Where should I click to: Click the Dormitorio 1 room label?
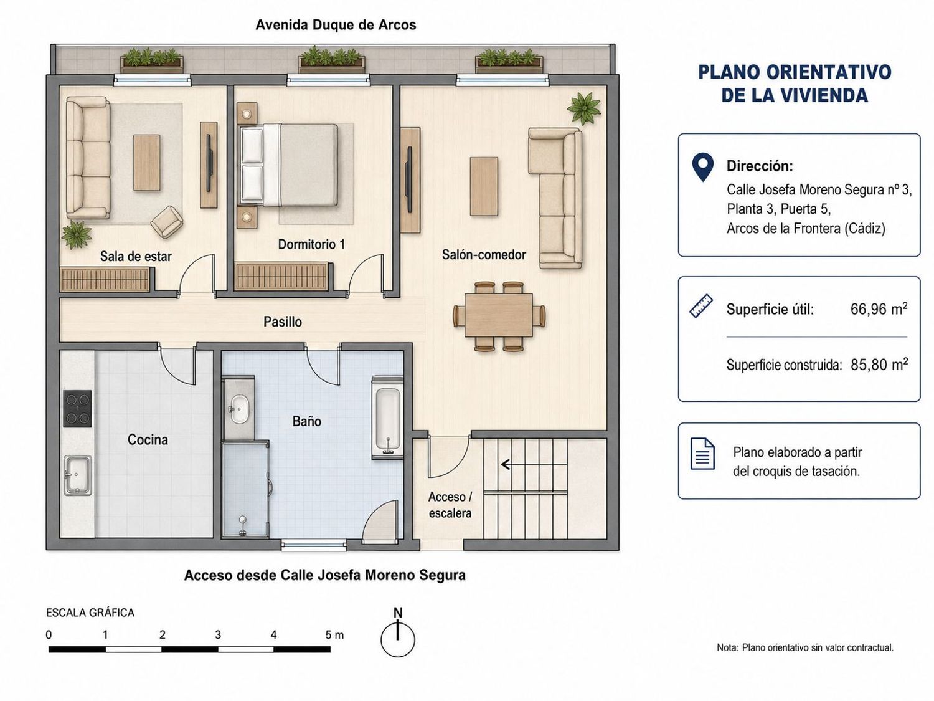[311, 244]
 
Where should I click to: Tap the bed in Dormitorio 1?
[289, 165]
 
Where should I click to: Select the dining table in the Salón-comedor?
[498, 315]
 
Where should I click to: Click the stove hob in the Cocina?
[77, 409]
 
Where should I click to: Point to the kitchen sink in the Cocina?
[77, 475]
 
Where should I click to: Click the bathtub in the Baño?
[387, 417]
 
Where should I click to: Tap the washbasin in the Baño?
[238, 409]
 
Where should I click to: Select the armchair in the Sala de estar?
[167, 222]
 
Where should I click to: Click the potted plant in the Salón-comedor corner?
[584, 108]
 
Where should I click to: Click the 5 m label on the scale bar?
[334, 635]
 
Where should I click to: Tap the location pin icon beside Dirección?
[702, 167]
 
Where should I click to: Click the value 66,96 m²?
[879, 308]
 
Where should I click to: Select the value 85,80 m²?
[879, 365]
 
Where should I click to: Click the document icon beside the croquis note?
[702, 454]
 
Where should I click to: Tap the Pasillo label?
[283, 322]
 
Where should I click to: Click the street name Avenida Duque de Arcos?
[336, 25]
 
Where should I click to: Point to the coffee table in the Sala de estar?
[147, 163]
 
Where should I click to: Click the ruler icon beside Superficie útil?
[701, 305]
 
